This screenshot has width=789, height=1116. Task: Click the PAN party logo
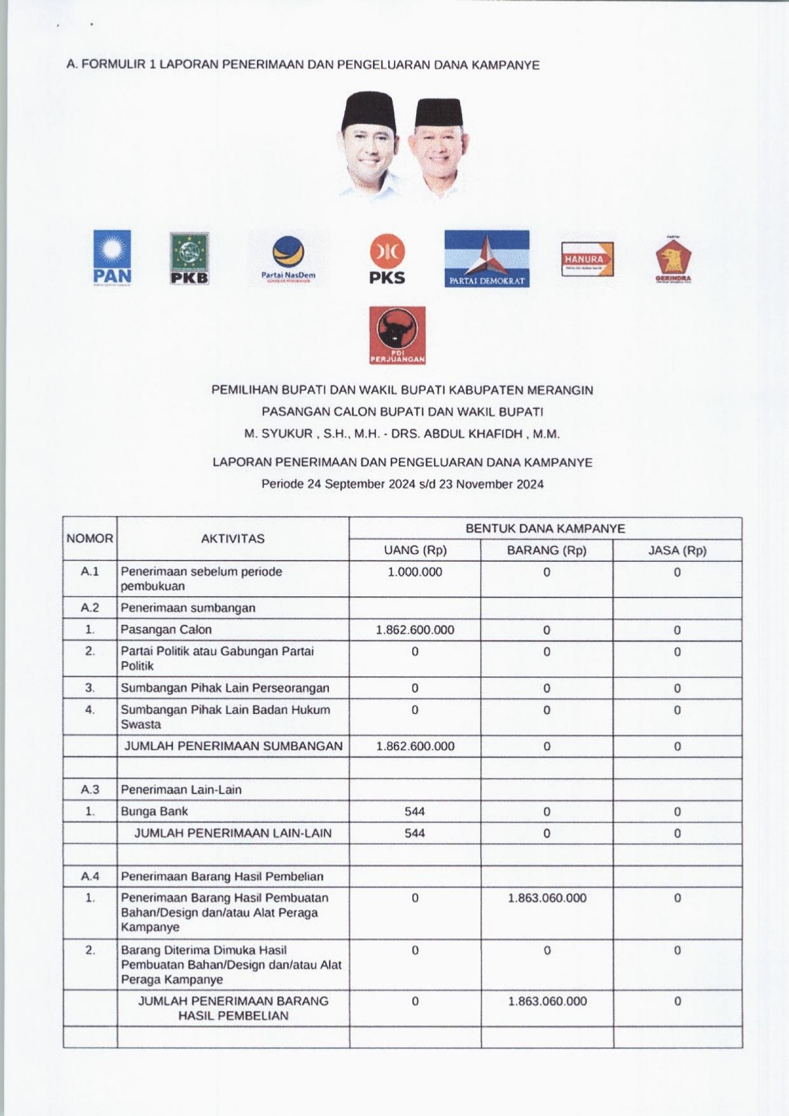[112, 258]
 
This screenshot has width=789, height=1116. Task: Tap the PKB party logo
[189, 258]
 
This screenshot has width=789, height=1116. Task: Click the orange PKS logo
[387, 258]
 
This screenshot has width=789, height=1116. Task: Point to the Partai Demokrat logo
[487, 258]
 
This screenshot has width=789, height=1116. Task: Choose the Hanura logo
[587, 259]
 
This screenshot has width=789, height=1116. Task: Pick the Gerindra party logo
[673, 260]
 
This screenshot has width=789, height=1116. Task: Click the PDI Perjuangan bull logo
[397, 335]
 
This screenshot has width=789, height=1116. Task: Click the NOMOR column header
[90, 538]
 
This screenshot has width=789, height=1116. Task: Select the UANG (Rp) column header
[415, 550]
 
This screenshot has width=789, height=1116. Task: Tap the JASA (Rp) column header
[677, 550]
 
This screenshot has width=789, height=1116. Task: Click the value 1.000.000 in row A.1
[415, 572]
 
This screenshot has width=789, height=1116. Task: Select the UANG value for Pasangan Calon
[415, 630]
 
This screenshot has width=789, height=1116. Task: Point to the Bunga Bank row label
[155, 811]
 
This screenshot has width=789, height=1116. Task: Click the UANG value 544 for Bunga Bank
[415, 811]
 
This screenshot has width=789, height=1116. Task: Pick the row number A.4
[90, 876]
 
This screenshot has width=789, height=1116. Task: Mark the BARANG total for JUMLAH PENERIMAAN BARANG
[547, 1001]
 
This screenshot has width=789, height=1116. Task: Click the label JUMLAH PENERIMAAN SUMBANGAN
[233, 746]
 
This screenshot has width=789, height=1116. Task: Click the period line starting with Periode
[402, 484]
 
